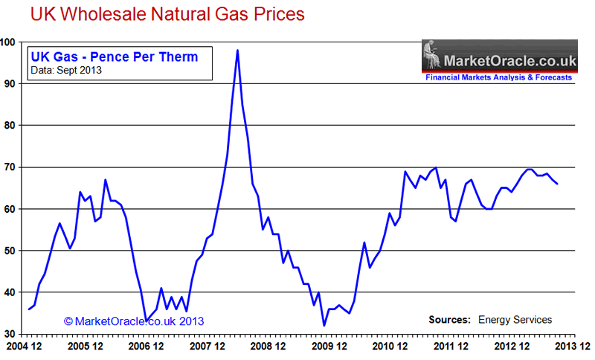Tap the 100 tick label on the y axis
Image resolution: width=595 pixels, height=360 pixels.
click(x=10, y=42)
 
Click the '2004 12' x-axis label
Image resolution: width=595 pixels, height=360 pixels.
click(x=23, y=347)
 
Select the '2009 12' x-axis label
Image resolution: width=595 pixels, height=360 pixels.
click(x=329, y=347)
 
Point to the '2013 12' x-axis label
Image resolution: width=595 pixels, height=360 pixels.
click(x=573, y=347)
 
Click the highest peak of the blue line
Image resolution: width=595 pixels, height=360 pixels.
click(x=237, y=51)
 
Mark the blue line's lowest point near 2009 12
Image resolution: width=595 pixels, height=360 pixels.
click(x=324, y=325)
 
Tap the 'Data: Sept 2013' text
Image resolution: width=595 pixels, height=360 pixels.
click(x=66, y=71)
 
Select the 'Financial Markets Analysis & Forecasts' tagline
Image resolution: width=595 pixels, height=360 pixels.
click(x=498, y=77)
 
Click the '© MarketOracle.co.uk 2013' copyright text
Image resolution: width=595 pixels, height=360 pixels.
click(x=134, y=321)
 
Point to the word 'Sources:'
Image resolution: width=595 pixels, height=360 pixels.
click(x=449, y=320)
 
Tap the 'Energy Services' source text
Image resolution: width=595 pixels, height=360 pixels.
click(x=516, y=320)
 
